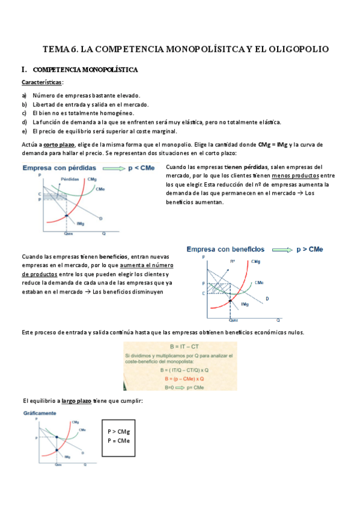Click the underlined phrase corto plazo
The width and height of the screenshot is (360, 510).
click(59, 144)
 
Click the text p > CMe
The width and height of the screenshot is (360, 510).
click(311, 248)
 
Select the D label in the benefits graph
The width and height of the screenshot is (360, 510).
click(267, 298)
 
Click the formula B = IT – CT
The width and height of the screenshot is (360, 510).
click(180, 348)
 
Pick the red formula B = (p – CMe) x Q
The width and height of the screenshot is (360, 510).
click(180, 379)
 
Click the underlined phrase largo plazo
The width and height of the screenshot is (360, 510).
click(76, 401)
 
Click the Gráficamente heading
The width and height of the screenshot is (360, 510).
click(39, 414)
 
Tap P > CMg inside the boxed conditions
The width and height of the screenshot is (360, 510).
click(118, 431)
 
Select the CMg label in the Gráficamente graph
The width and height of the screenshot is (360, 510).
click(75, 422)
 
